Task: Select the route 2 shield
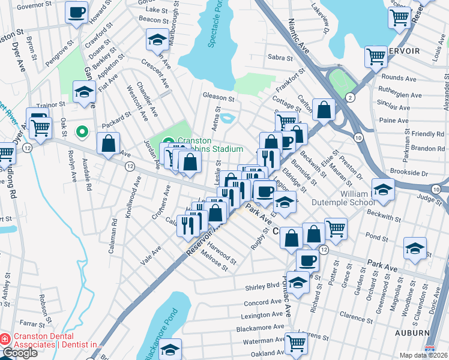tap(350, 97)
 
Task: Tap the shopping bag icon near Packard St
tap(108, 144)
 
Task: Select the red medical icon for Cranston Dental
tap(5, 339)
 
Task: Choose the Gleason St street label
tap(218, 97)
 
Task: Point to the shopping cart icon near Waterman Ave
tap(296, 343)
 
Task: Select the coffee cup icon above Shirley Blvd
tap(308, 261)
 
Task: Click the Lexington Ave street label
tap(261, 315)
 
